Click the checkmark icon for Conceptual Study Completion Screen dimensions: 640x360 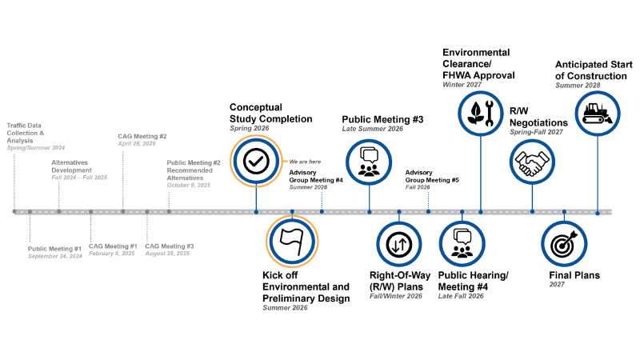coord(256,162)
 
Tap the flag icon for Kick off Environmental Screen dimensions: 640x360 coord(292,242)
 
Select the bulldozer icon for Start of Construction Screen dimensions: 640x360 coord(597,114)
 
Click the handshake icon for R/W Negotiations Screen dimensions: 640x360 coord(532,162)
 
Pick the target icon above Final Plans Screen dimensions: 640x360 coord(564,244)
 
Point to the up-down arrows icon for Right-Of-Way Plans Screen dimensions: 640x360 coord(398,245)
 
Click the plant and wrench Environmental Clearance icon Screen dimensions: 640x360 coord(481,113)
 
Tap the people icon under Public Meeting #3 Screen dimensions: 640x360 coord(369,162)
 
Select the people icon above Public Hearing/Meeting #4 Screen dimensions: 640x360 coord(462,243)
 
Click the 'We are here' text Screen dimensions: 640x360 coord(305,162)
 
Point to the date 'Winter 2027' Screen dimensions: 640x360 coord(462,85)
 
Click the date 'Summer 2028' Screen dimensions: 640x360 coord(578,86)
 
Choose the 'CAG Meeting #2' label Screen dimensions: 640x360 coord(142,136)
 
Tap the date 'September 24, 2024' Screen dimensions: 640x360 coord(55,256)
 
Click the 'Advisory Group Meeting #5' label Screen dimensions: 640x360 coord(432,176)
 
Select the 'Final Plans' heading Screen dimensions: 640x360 coord(574,275)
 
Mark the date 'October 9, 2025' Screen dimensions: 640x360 coord(189,186)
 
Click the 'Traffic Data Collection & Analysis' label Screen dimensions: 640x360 coord(26,133)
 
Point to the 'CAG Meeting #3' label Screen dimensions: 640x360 coord(170,246)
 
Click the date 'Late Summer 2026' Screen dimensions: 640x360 coord(372,129)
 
